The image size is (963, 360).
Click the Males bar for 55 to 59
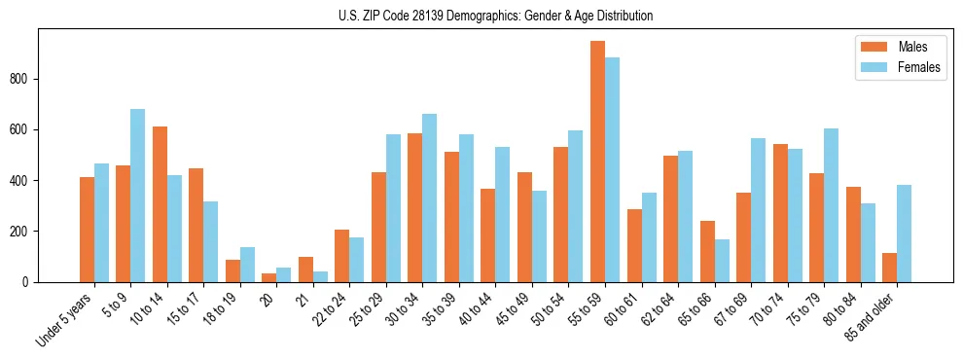[597, 162]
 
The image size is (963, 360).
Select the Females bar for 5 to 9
[138, 196]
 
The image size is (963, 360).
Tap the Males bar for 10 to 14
[160, 204]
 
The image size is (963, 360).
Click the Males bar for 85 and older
[889, 268]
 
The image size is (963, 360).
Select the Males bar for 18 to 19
[232, 270]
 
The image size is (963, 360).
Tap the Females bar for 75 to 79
[831, 205]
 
